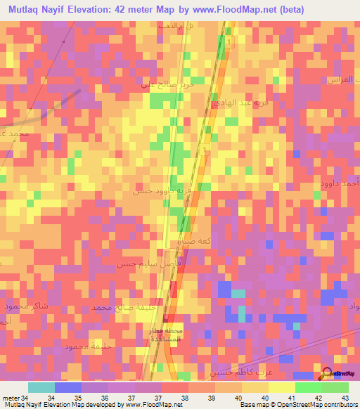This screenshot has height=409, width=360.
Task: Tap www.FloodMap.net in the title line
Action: click(240, 10)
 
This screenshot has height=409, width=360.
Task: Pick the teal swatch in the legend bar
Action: click(41, 387)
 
